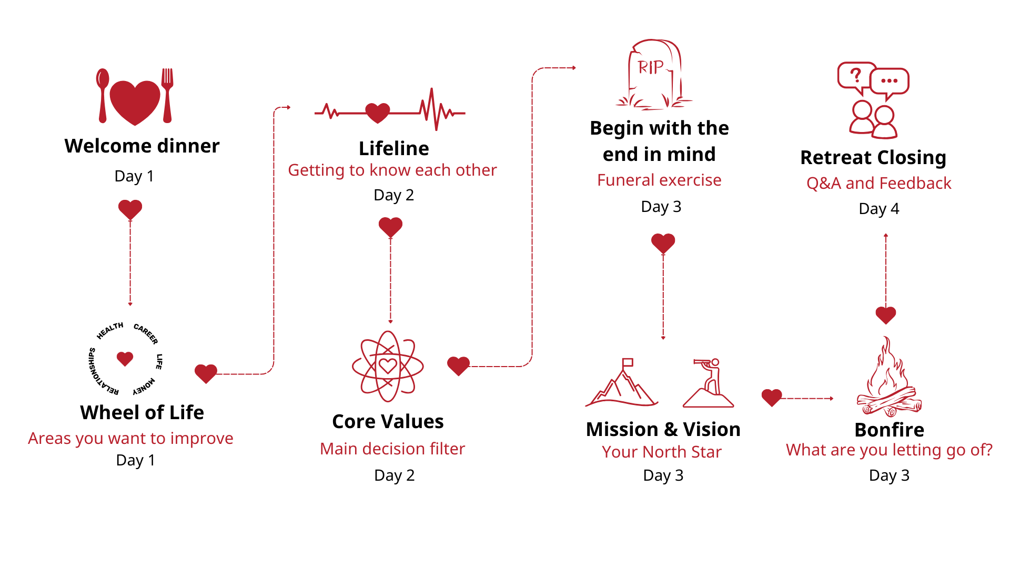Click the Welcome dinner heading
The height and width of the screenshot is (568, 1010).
[x=142, y=146]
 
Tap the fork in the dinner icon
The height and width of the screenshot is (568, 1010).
[x=167, y=95]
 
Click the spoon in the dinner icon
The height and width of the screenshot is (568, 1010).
[x=103, y=95]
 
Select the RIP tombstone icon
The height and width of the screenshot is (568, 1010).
[x=655, y=74]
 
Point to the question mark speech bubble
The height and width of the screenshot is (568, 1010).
[x=856, y=77]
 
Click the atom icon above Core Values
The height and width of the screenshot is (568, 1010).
[x=388, y=366]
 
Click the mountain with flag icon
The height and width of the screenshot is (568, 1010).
[x=621, y=383]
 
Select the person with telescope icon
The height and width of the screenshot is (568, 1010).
[x=709, y=383]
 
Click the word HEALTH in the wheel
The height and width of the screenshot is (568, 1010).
[x=110, y=331]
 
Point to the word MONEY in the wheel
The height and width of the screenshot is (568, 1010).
[x=144, y=387]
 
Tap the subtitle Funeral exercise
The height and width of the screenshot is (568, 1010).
[x=659, y=180]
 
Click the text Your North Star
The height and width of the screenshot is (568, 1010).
[x=662, y=452]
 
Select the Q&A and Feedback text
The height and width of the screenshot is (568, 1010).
[x=879, y=184]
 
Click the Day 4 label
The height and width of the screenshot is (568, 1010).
[x=879, y=209]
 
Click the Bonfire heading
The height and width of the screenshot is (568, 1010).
[x=890, y=430]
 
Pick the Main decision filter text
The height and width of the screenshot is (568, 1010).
[x=392, y=449]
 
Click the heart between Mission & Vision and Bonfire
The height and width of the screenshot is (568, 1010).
[x=772, y=398]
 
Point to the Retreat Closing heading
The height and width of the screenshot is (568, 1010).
[x=873, y=158]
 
